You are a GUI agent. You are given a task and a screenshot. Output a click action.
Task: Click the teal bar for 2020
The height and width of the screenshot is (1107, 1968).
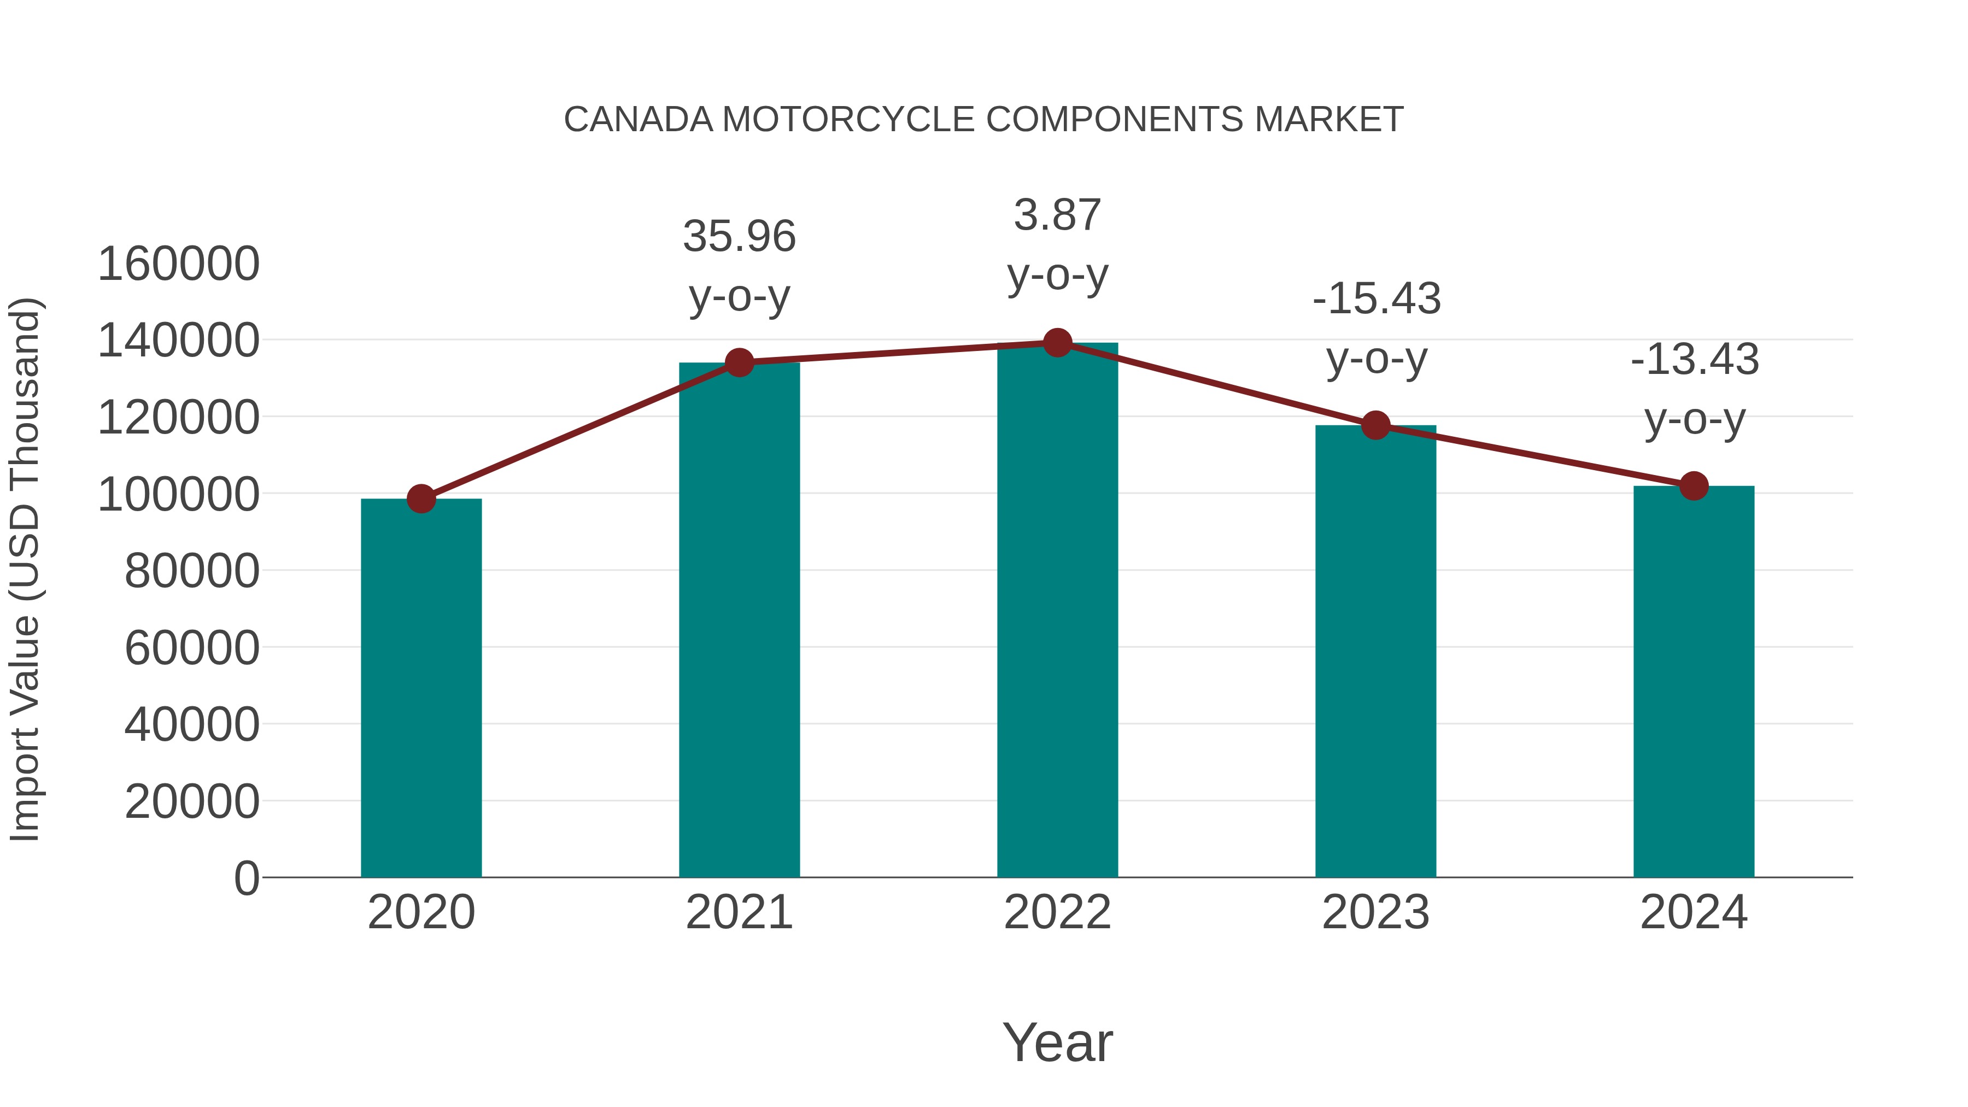click(421, 688)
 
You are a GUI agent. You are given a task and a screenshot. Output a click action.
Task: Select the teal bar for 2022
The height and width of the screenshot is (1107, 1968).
click(1057, 611)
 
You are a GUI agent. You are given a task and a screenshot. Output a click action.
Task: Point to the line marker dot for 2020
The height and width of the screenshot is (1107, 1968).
click(421, 499)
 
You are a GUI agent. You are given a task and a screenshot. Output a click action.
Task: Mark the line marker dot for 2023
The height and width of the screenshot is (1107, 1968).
click(1375, 425)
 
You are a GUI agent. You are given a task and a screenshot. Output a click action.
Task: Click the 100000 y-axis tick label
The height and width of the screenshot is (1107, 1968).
click(179, 494)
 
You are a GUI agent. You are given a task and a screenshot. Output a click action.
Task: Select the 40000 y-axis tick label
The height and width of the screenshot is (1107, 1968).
click(192, 724)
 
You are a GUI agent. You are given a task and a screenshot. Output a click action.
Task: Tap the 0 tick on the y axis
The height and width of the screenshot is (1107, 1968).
click(247, 878)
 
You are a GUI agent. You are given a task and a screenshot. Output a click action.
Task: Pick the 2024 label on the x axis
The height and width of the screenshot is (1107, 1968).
click(1694, 912)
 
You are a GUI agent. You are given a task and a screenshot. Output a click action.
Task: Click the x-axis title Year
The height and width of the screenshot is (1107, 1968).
click(1057, 1042)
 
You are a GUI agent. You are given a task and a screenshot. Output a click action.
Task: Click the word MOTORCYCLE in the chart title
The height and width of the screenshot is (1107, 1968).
click(848, 120)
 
